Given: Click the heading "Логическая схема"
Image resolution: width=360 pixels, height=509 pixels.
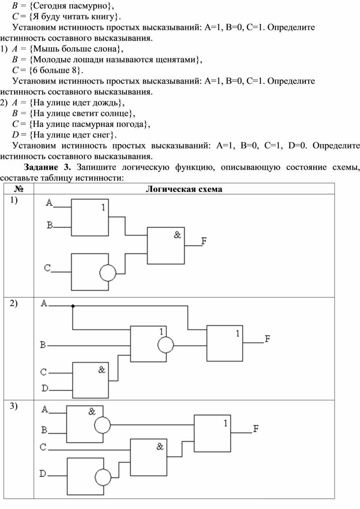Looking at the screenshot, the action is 184,189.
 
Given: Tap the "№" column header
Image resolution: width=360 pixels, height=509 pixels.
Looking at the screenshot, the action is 19,189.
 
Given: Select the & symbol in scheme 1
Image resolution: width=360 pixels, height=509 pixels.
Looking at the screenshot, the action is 177,234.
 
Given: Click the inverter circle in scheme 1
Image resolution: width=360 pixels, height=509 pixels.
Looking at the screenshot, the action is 108,272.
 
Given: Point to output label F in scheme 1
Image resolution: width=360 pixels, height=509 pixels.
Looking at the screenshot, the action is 204,241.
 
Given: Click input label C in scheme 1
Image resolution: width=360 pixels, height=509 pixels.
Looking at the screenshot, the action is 48,268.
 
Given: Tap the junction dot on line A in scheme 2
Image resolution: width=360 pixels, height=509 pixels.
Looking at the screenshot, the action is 73,306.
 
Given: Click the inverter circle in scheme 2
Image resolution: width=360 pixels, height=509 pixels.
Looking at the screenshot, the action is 165,345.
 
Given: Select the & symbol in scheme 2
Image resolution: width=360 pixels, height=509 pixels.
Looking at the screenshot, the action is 101,370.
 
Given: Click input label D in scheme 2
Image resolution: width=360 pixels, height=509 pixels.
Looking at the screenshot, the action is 45,388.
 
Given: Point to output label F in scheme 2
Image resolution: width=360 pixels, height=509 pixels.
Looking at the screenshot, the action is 267,339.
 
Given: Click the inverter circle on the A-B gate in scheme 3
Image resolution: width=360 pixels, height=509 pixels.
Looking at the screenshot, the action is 102,425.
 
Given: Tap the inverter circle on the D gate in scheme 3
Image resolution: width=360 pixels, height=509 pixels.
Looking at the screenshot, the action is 103,478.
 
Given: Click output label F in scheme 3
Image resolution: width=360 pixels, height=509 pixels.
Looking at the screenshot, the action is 256,428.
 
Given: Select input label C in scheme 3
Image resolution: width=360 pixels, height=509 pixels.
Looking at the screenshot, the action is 43,447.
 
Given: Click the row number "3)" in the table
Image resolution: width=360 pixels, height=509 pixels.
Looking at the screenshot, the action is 14,406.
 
